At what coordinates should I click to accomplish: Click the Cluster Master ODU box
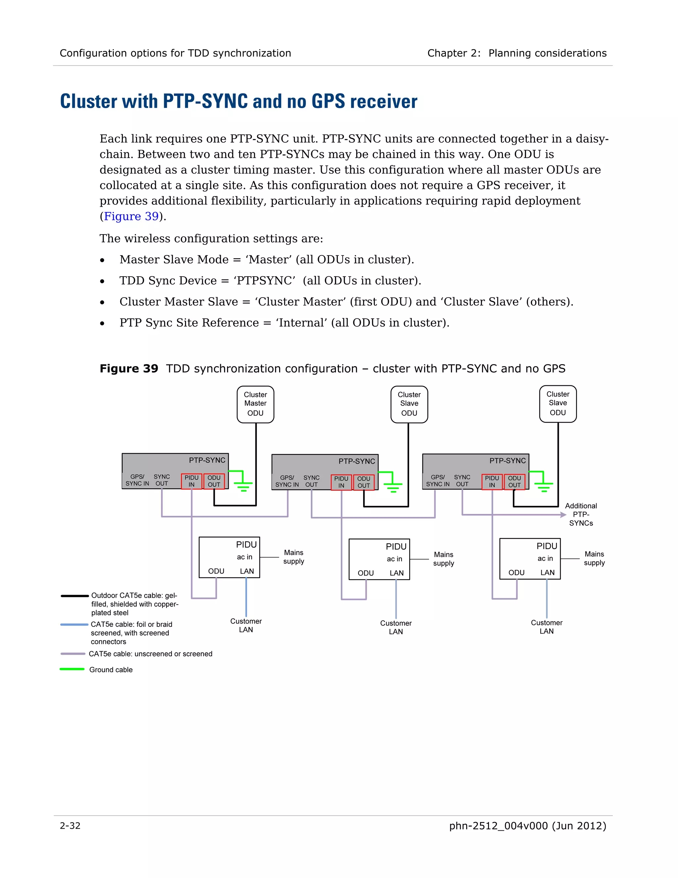tap(256, 404)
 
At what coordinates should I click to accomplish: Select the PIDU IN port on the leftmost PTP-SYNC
tap(192, 481)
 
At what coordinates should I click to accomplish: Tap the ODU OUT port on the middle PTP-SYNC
tap(363, 482)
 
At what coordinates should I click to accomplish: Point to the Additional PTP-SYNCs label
tap(581, 514)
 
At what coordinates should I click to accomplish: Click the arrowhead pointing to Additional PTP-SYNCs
tap(563, 514)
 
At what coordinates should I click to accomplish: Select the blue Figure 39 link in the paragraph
tap(131, 216)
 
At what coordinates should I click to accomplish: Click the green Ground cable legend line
tap(72, 669)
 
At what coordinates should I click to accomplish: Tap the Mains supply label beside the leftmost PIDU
tap(294, 557)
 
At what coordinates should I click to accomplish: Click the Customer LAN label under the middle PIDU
tap(396, 627)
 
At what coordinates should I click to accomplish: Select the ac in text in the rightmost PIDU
tap(545, 558)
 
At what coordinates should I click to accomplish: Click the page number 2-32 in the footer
tap(70, 826)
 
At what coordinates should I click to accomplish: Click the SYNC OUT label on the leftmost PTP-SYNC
tap(162, 480)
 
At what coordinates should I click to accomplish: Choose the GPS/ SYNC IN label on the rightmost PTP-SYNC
tap(437, 480)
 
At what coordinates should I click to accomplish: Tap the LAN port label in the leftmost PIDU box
tap(247, 571)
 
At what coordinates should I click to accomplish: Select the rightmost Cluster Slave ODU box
tap(557, 404)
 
